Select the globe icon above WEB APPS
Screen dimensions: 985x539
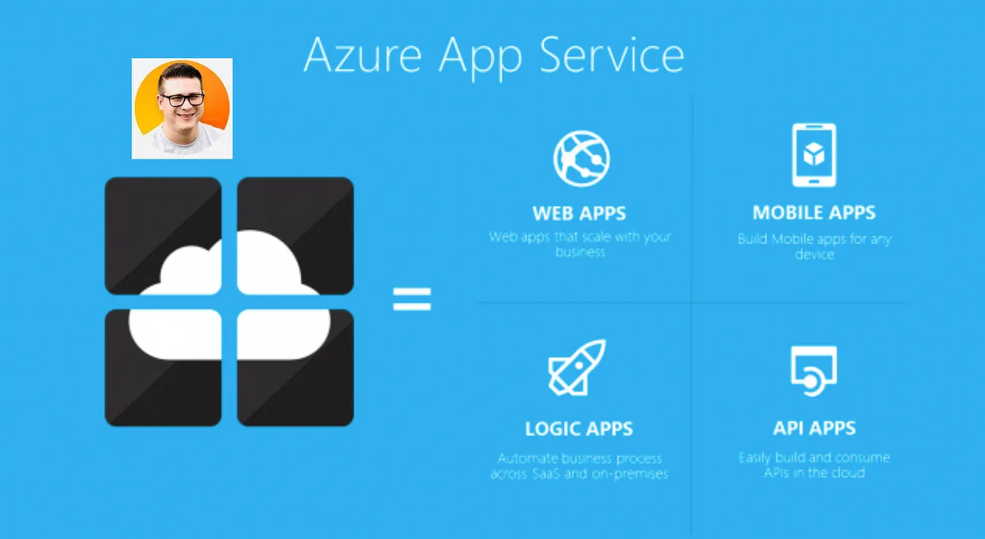coord(581,158)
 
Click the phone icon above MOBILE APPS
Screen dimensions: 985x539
coord(814,155)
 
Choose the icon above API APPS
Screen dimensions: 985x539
coord(813,371)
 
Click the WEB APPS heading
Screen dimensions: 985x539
coord(579,213)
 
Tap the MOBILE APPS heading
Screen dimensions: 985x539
coord(814,213)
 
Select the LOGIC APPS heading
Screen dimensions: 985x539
coord(579,429)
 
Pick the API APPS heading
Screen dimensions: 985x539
coord(814,428)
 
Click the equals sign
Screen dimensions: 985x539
coord(412,299)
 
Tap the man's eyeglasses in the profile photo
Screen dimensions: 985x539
coord(181,99)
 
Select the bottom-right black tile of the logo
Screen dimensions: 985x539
coord(305,392)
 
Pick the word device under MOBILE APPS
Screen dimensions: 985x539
coord(814,255)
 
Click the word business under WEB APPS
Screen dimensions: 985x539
coord(580,252)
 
